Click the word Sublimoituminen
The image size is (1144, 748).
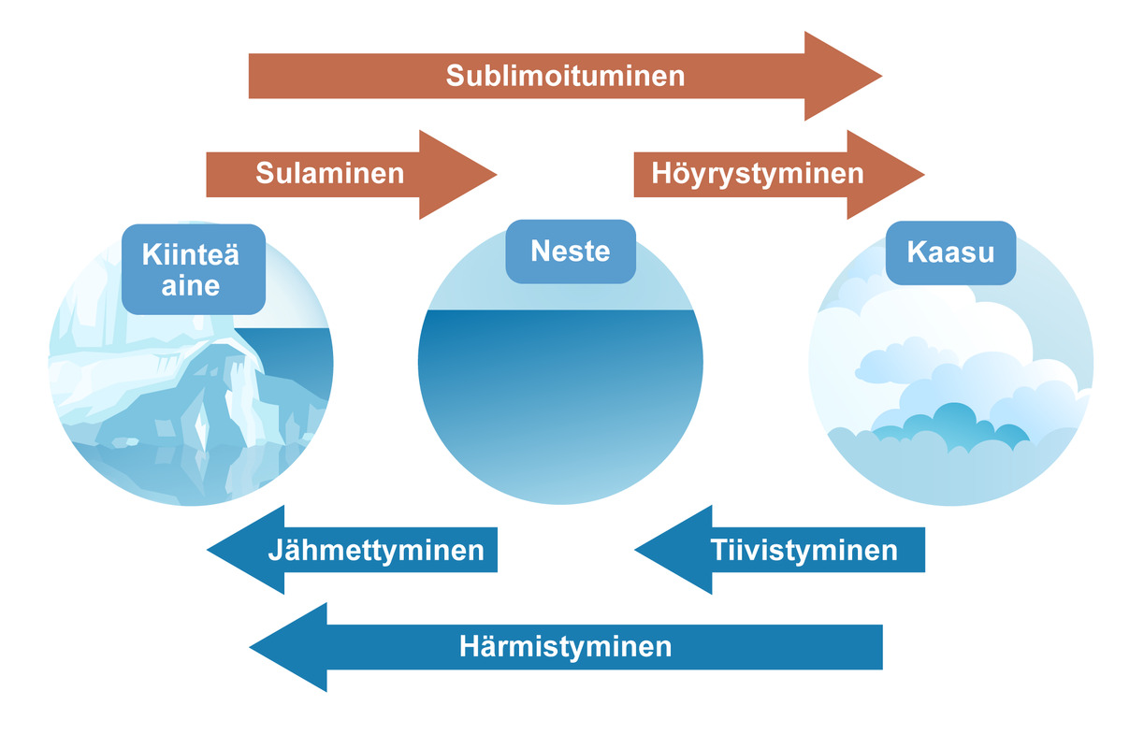point(565,76)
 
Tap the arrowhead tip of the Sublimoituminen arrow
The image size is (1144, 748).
point(882,76)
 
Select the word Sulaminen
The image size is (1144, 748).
point(330,173)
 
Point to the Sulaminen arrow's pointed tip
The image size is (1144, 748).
point(497,175)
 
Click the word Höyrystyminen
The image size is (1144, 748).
point(758,174)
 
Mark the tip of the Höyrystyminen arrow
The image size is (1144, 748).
point(924,175)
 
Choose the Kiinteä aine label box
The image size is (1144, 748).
point(194,269)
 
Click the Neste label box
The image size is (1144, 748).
point(571,252)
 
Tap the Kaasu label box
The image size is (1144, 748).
point(951,252)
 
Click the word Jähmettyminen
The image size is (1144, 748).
point(376,551)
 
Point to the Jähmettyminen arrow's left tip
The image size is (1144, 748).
point(208,550)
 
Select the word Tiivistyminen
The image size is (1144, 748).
point(804,551)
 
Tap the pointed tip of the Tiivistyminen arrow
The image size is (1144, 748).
point(635,550)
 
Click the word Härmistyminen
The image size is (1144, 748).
point(565,647)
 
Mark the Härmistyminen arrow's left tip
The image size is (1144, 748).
point(250,647)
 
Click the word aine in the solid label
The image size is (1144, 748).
point(191,286)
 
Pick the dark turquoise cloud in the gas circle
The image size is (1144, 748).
point(950,426)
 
